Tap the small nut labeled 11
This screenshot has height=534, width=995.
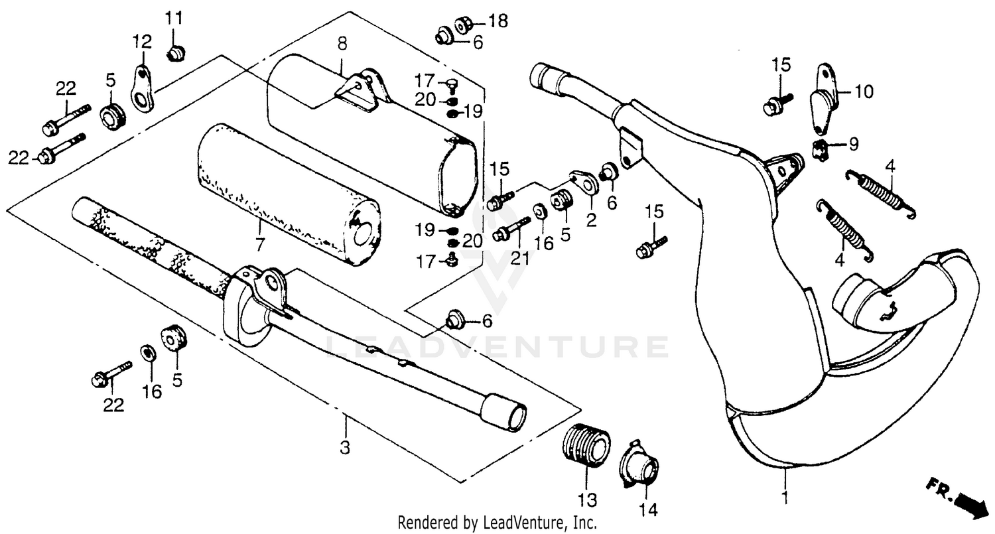176,51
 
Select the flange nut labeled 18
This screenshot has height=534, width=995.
462,25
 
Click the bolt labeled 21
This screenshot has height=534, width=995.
510,231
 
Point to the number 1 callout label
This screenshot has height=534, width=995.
785,496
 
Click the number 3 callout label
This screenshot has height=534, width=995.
344,448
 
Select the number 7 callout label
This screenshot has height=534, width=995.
259,245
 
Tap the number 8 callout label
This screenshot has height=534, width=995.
342,44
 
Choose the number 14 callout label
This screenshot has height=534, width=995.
647,509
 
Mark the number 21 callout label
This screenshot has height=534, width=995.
520,258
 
